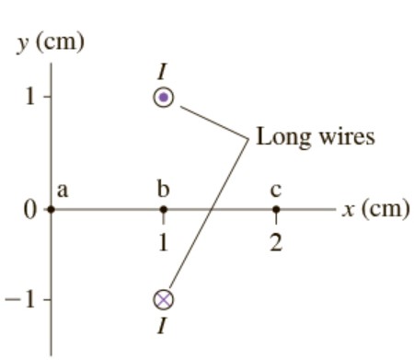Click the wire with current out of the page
164,97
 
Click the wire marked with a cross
164,298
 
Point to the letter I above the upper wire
164,75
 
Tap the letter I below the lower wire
164,323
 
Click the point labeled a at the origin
52,209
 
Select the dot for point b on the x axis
164,209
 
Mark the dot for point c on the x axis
276,209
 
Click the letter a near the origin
63,191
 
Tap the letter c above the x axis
276,191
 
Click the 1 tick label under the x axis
164,243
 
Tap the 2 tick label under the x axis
276,243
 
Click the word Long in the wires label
280,138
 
